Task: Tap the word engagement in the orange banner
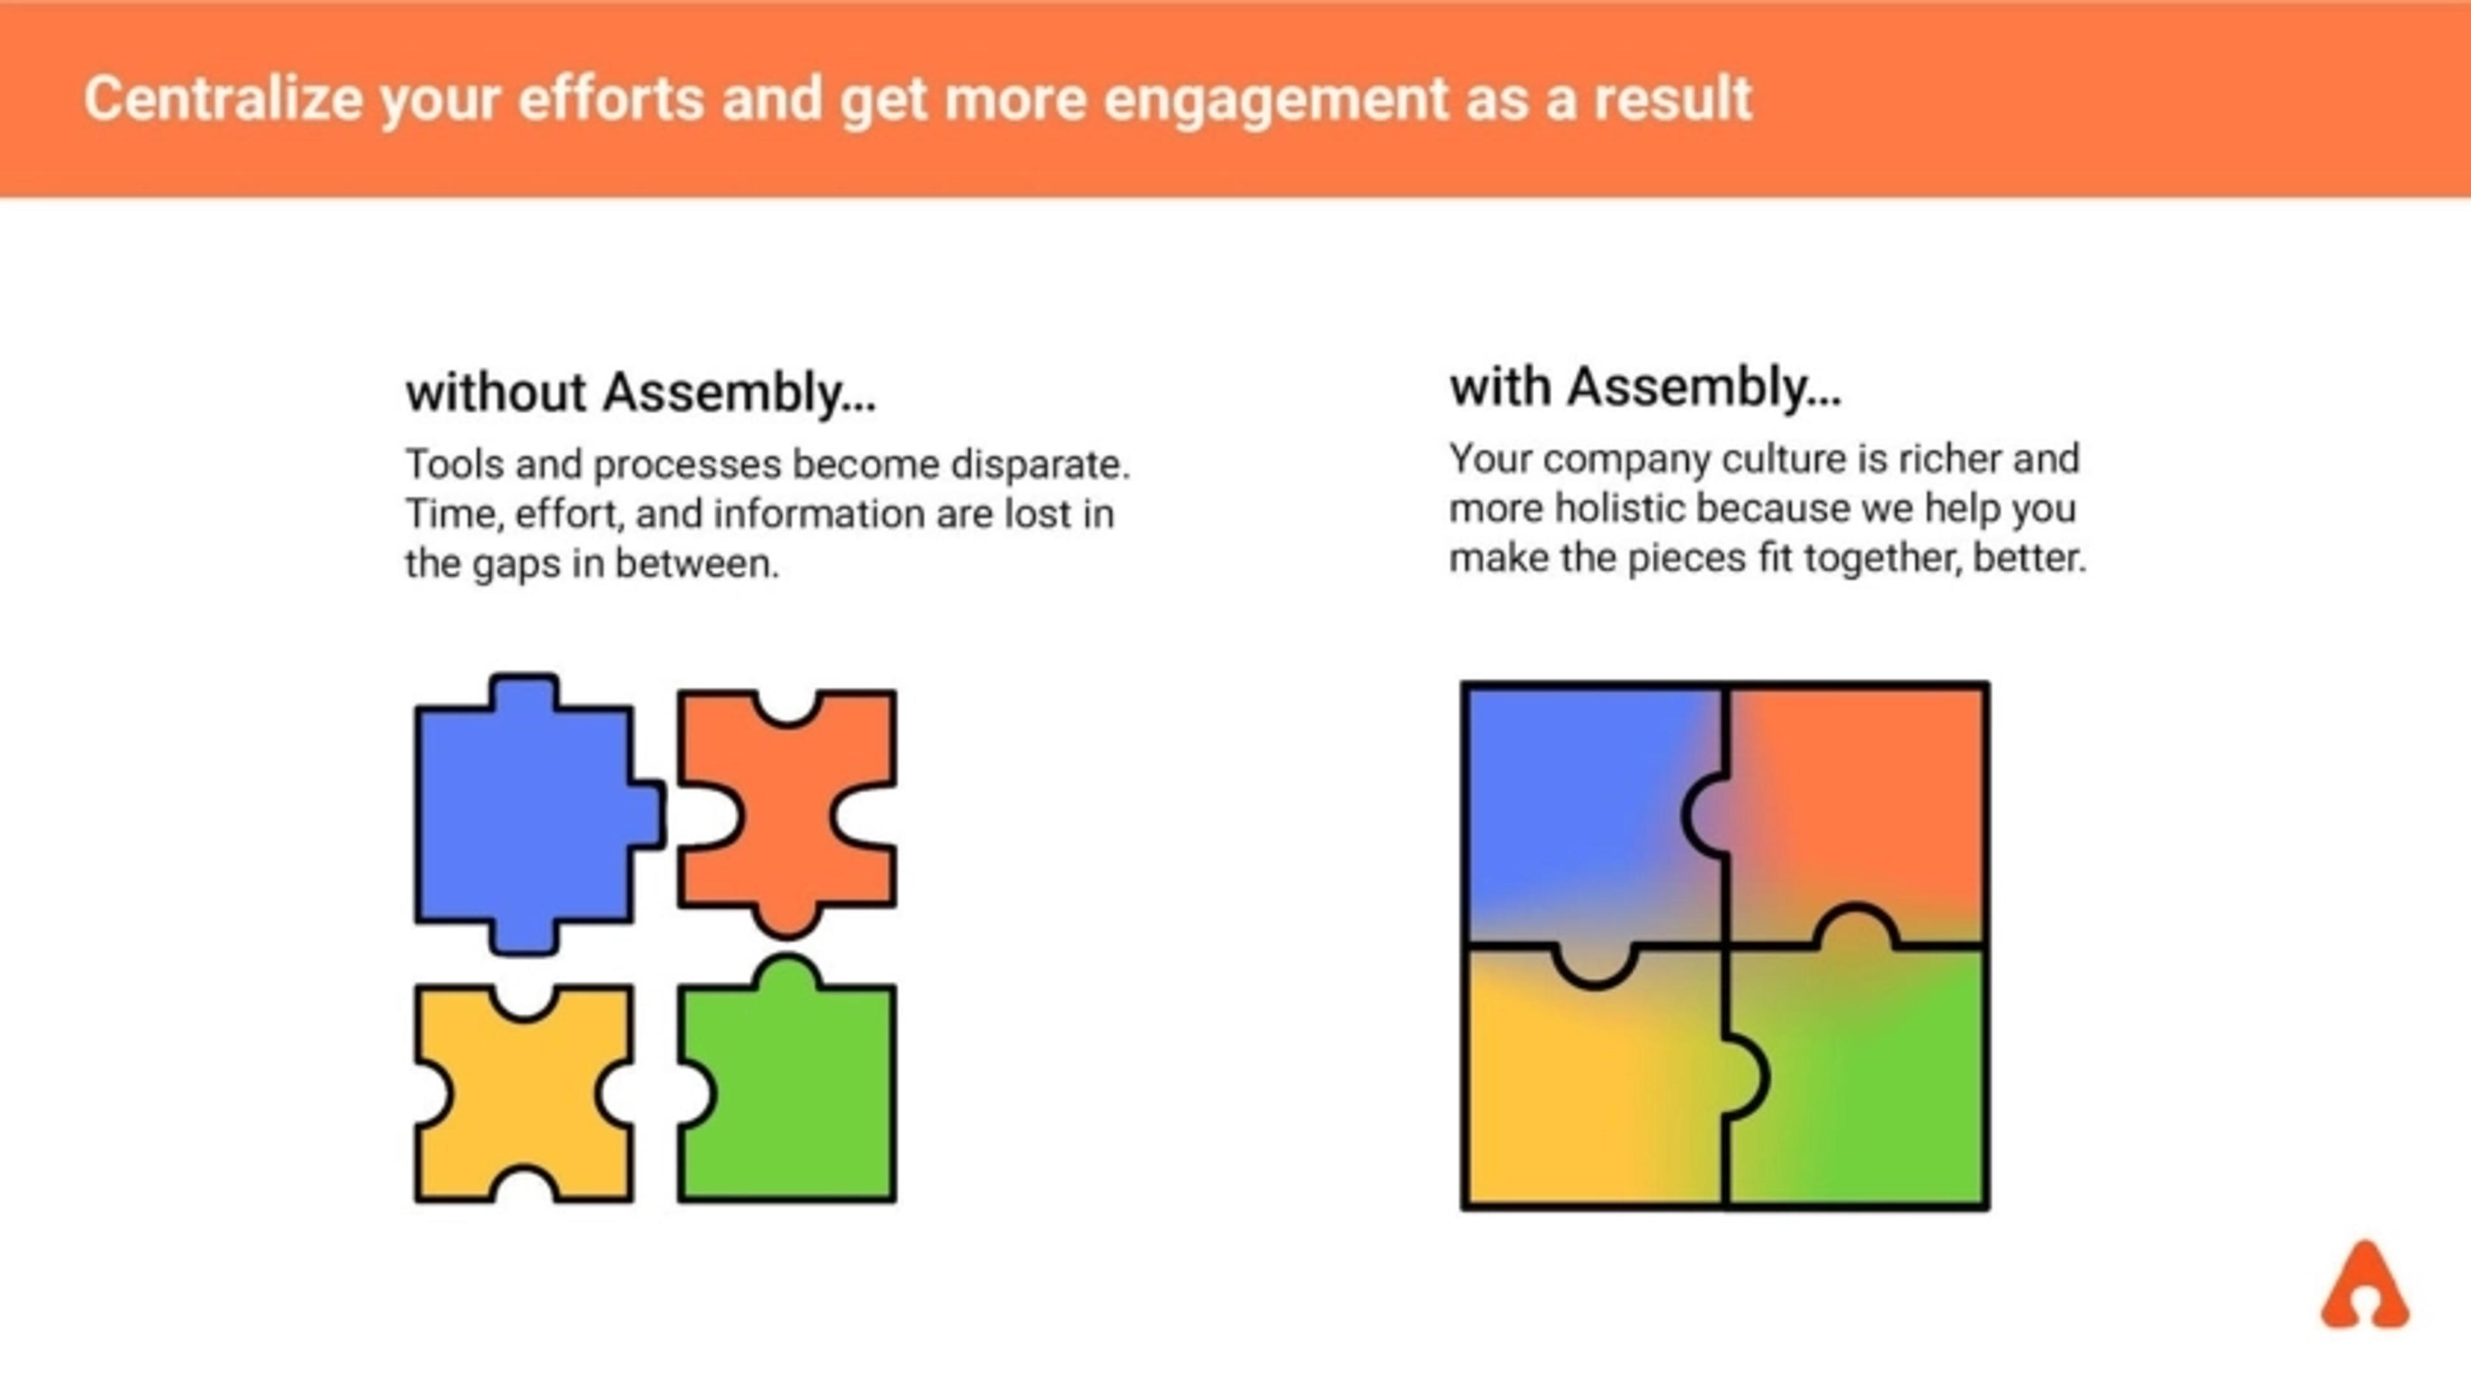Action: coord(1275,100)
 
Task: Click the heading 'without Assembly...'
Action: coord(641,392)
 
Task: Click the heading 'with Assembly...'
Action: coord(1645,387)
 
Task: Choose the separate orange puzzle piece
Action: coord(786,815)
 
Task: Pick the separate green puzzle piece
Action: coord(796,1094)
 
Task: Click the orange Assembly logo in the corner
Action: coord(2365,1287)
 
